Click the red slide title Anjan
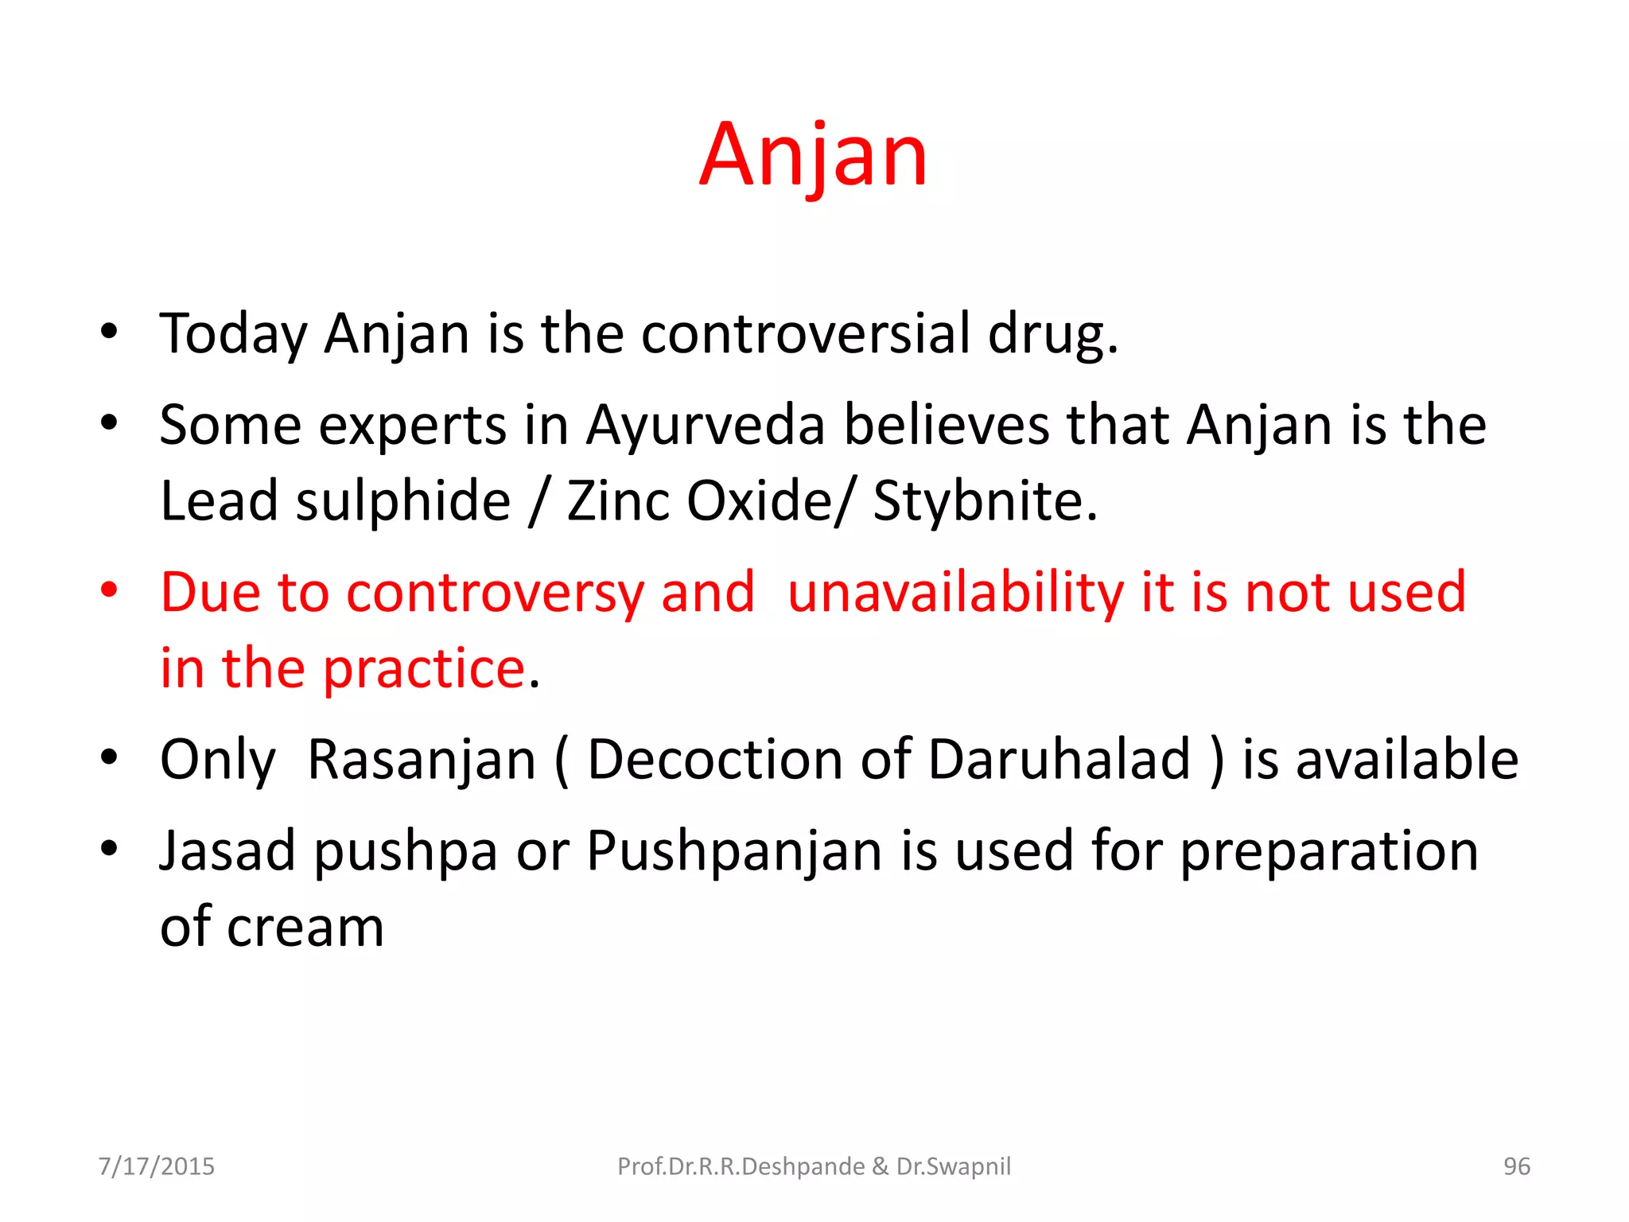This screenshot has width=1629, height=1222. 813,155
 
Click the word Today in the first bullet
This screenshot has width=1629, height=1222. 233,334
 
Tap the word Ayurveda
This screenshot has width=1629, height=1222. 706,425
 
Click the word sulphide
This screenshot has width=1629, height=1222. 403,501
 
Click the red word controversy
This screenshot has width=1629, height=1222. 495,593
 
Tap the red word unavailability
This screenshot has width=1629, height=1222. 955,593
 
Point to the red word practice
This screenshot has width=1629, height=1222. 424,668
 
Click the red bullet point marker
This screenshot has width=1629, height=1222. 109,590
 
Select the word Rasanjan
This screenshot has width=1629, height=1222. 422,760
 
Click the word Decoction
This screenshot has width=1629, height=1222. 715,760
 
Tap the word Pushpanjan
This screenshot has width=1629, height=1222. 734,852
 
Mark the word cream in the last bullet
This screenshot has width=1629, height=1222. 305,928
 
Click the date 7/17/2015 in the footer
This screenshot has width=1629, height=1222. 156,1166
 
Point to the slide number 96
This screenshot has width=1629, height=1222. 1516,1166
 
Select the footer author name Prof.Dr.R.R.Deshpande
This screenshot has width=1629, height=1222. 741,1166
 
